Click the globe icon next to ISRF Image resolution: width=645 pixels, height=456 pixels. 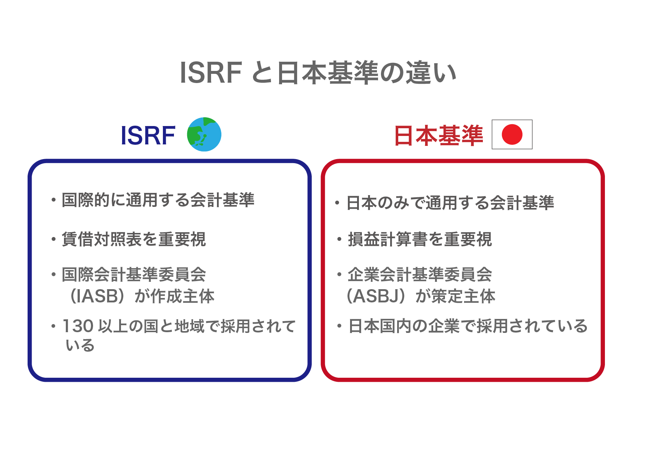coord(204,134)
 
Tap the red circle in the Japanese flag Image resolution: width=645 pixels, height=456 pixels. coord(512,134)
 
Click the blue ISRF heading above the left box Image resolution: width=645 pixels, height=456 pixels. coord(148,136)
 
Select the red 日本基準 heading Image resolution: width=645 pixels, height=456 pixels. coord(438,136)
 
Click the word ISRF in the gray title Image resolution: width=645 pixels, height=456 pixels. coord(211,73)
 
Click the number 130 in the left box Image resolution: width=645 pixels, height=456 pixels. coord(78,326)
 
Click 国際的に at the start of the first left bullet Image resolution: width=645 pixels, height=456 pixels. coord(93,200)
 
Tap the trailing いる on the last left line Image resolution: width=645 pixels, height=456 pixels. coord(80,345)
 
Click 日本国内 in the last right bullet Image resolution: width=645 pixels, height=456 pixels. coord(379,326)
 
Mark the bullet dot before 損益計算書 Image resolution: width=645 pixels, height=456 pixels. coord(339,240)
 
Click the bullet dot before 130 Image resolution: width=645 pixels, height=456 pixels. coord(54,326)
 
